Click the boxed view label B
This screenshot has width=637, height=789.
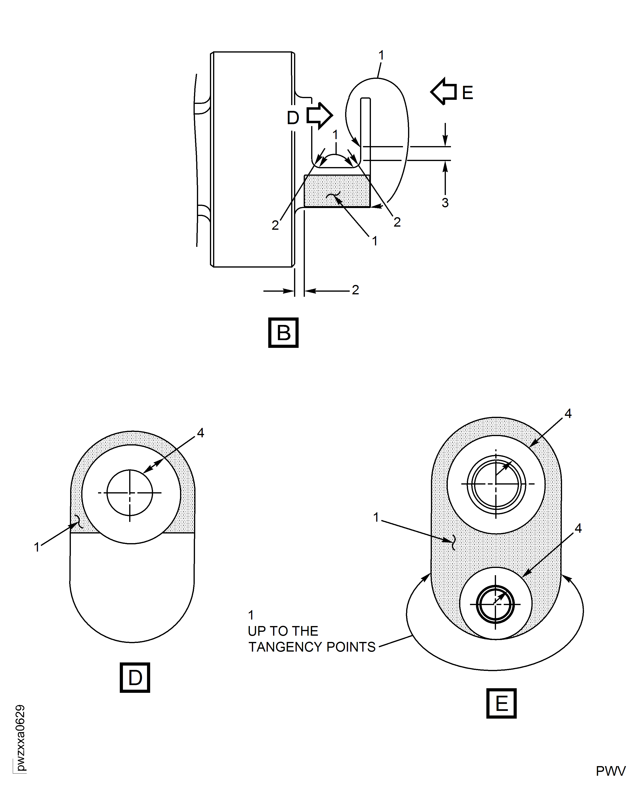pos(283,332)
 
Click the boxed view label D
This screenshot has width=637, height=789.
pos(135,677)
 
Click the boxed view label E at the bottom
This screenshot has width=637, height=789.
pos(501,703)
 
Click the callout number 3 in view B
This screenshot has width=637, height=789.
pos(445,202)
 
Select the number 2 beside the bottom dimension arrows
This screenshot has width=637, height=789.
pos(355,290)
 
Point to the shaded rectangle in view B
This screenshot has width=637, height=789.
pos(337,191)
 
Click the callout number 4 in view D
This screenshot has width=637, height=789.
pos(200,433)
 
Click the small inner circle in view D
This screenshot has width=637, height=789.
pos(129,493)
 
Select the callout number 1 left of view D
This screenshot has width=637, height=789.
pos(37,547)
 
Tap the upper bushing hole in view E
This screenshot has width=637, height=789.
pos(496,484)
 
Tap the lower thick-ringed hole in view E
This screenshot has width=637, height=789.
pos(495,604)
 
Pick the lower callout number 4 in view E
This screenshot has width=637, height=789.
pos(578,528)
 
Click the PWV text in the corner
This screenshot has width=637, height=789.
pos(610,771)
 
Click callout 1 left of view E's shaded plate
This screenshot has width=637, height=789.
pos(376,517)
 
